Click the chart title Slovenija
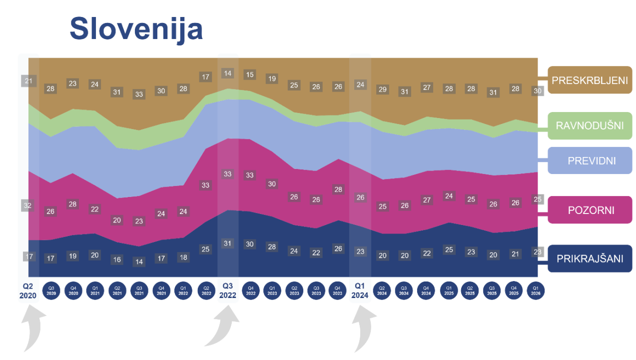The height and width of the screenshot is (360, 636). pos(136,29)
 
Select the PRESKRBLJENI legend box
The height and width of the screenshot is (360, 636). pos(590,80)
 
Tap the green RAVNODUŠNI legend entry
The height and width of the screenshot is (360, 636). pos(590,125)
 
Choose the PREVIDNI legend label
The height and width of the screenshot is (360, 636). pos(590,160)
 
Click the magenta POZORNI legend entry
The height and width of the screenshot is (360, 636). pos(590,210)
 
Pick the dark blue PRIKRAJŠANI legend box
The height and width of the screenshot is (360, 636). pos(590,258)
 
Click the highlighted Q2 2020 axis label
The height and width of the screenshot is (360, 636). pos(28,290)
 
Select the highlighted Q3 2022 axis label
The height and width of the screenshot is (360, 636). pos(228,290)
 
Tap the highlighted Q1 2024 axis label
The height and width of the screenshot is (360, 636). pos(360,290)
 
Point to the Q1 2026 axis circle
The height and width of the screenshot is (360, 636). pos(535,290)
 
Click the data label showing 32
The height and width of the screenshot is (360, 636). pos(28,205)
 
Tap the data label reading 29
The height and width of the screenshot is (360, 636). pos(382,89)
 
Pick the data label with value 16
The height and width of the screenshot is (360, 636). pos(117,259)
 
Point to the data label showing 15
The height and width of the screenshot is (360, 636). pos(250,75)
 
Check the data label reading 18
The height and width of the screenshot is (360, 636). pos(183,257)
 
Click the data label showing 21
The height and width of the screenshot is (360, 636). pos(28,81)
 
